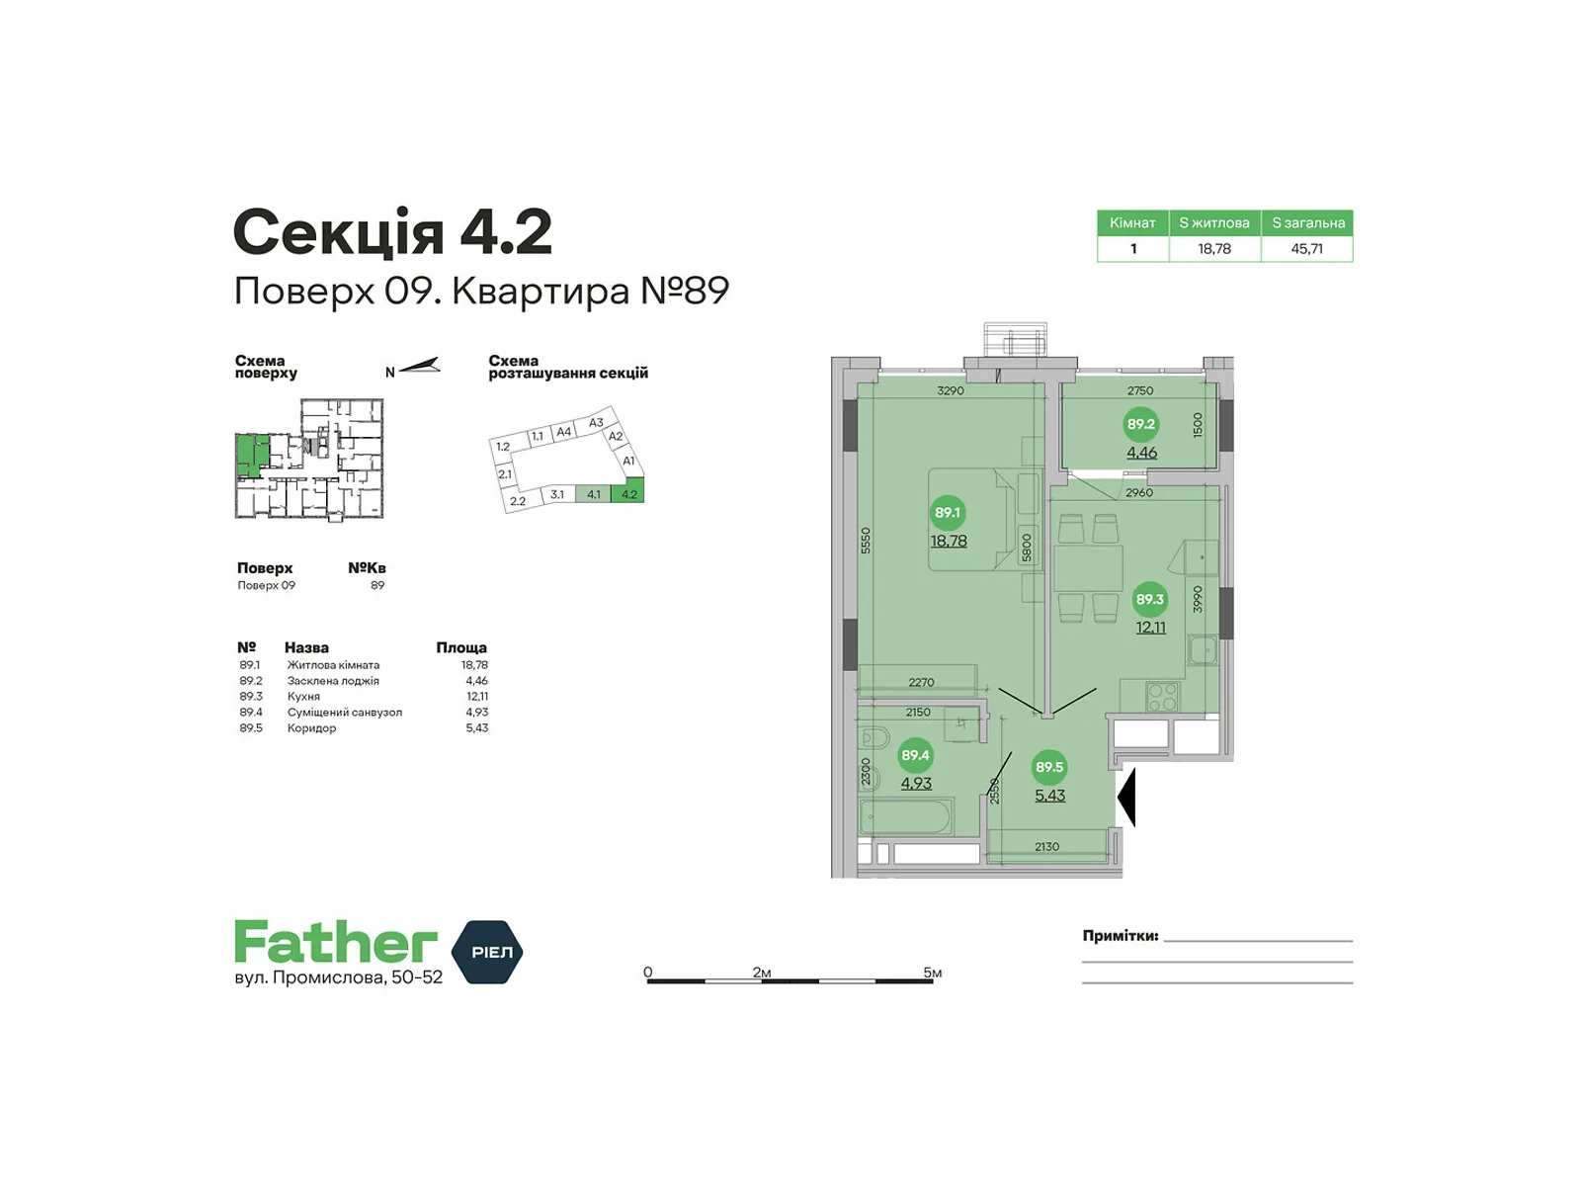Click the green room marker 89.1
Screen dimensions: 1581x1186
[x=948, y=512]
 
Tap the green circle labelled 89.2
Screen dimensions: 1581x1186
[x=1140, y=424]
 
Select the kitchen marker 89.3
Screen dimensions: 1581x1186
[x=1149, y=599]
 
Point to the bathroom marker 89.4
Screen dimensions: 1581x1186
[x=915, y=755]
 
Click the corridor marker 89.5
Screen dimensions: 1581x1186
[x=1049, y=767]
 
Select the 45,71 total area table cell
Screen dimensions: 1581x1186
[x=1306, y=248]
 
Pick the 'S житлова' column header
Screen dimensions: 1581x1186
[x=1214, y=223]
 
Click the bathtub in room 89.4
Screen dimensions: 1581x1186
[x=907, y=816]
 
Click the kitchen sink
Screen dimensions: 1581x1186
[x=1203, y=651]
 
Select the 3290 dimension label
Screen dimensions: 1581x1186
[x=950, y=391]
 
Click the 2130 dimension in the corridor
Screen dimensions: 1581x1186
[x=1046, y=847]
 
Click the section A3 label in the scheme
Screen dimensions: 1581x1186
[x=596, y=423]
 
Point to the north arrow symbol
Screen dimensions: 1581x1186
[x=419, y=367]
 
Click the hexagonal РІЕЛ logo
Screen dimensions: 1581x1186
[x=487, y=952]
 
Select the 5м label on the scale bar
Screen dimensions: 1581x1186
[x=933, y=973]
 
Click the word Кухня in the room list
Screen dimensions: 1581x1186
[x=303, y=697]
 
